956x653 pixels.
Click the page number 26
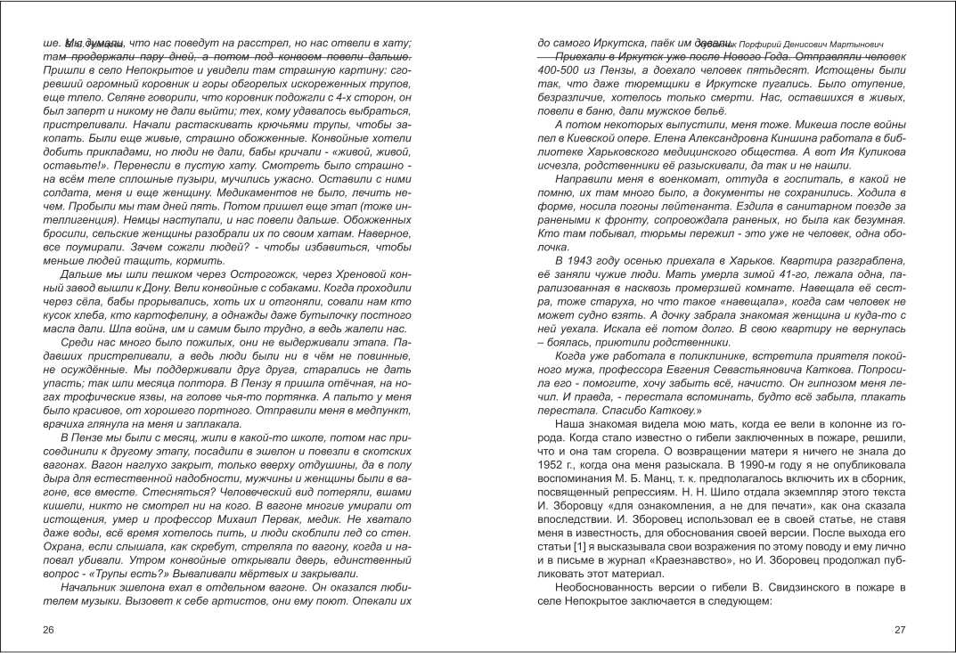click(49, 630)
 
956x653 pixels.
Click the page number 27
click(899, 630)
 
